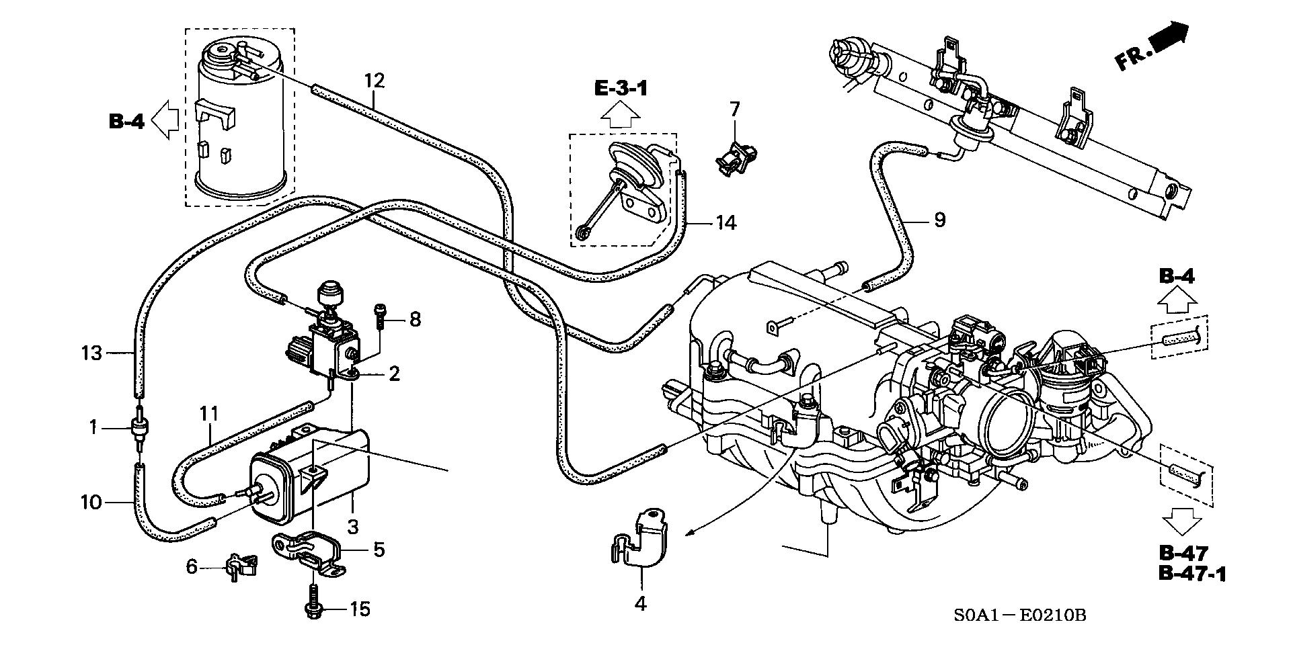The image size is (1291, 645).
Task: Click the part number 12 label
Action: coord(375,81)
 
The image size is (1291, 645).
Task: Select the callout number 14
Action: coord(726,222)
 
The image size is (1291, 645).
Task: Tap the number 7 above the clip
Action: coord(734,109)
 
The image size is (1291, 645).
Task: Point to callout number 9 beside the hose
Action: coord(939,220)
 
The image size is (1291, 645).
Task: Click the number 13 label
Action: coord(91,353)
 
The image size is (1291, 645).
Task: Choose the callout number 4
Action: coord(640,604)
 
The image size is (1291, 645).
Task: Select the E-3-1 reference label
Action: coord(621,88)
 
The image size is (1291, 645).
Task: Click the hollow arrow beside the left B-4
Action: coord(165,121)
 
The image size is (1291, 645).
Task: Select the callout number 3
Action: coord(353,526)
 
